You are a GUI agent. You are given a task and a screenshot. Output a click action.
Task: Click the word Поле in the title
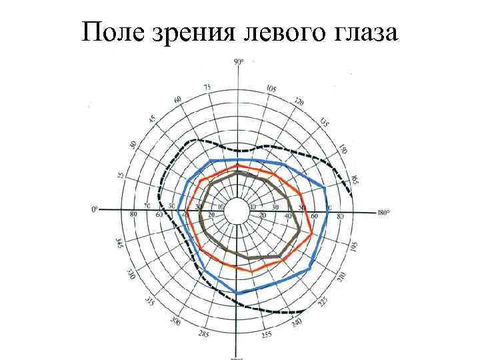click(x=109, y=32)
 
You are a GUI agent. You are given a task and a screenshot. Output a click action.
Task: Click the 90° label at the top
click(x=239, y=63)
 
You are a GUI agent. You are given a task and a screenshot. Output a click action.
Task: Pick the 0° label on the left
click(x=95, y=209)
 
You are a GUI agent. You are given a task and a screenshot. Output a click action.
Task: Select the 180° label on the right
click(x=382, y=213)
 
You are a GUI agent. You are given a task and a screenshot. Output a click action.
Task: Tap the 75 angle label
click(x=207, y=88)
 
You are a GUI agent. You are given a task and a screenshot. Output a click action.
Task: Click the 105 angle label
click(x=271, y=89)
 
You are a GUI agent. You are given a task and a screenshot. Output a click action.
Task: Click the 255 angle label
click(x=267, y=335)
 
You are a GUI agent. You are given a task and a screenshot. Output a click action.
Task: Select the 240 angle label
click(x=296, y=325)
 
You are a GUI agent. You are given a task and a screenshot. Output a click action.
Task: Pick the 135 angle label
click(x=324, y=123)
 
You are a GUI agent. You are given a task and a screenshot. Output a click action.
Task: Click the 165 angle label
click(x=354, y=179)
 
